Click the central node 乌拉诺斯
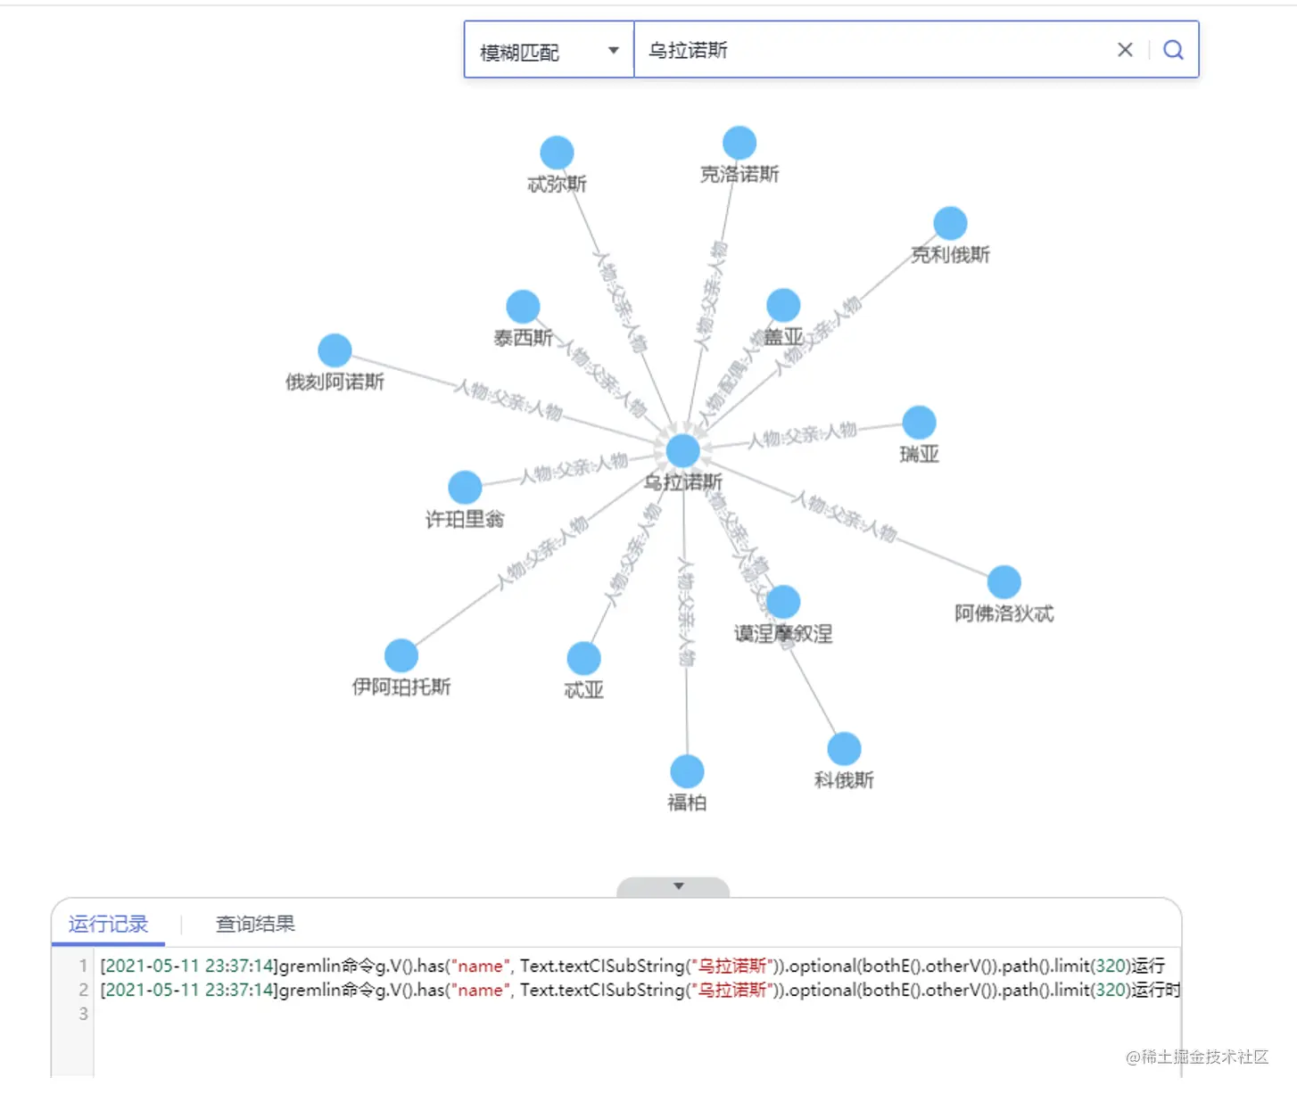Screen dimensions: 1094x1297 (x=683, y=451)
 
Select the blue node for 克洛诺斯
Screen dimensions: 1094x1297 (x=739, y=143)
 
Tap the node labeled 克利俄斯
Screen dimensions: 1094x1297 (x=950, y=224)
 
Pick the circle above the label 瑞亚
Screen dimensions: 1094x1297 (x=919, y=423)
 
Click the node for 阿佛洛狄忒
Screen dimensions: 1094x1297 (x=1004, y=582)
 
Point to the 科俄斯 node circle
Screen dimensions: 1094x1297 (x=844, y=749)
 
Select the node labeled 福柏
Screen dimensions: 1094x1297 (x=687, y=771)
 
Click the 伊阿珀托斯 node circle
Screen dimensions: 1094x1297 (x=401, y=656)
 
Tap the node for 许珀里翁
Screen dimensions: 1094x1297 (x=465, y=488)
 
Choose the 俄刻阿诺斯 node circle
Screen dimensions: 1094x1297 (x=335, y=350)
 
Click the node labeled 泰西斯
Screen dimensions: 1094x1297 (x=523, y=307)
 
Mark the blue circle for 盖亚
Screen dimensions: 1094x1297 (x=783, y=306)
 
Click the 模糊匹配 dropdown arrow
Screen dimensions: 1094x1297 (x=614, y=51)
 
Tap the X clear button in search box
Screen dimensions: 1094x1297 (x=1125, y=50)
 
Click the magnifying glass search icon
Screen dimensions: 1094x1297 (x=1173, y=50)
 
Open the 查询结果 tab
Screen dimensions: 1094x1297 (x=255, y=924)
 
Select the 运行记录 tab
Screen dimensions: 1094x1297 (x=108, y=924)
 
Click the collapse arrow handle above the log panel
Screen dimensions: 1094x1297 (x=678, y=886)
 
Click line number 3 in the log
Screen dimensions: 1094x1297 (x=83, y=1014)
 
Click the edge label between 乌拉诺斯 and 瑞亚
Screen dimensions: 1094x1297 (x=802, y=435)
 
